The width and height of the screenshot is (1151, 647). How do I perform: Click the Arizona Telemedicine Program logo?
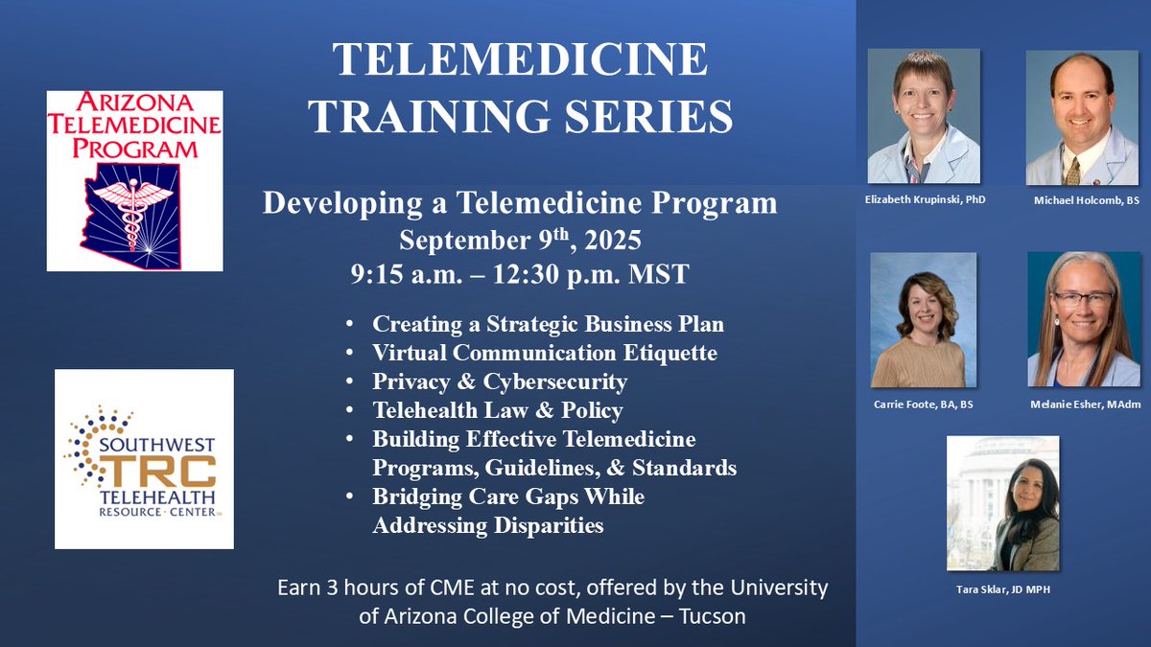coord(134,180)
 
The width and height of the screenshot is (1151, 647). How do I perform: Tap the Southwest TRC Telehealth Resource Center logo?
coord(144,458)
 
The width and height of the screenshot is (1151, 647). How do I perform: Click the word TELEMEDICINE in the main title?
coord(521,62)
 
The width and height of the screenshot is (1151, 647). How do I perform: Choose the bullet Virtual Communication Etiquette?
coord(545,353)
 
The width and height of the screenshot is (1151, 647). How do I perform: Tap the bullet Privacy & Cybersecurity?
coord(500,381)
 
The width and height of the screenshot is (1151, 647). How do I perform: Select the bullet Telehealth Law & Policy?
coord(498,410)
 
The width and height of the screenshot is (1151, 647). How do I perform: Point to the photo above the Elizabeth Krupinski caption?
coord(924,116)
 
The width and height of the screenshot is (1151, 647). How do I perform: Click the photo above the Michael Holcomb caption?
coord(1082,117)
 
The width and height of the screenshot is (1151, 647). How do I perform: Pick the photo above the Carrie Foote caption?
coord(923,319)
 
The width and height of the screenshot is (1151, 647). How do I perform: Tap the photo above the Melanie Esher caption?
coord(1083,318)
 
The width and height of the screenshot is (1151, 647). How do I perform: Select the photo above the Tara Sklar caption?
coord(1002,503)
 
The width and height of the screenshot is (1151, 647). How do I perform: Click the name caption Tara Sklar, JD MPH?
coord(1003,589)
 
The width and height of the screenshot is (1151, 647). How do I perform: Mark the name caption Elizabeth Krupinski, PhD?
coord(923,199)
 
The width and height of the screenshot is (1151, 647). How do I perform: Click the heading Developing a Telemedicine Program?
coord(521,203)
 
